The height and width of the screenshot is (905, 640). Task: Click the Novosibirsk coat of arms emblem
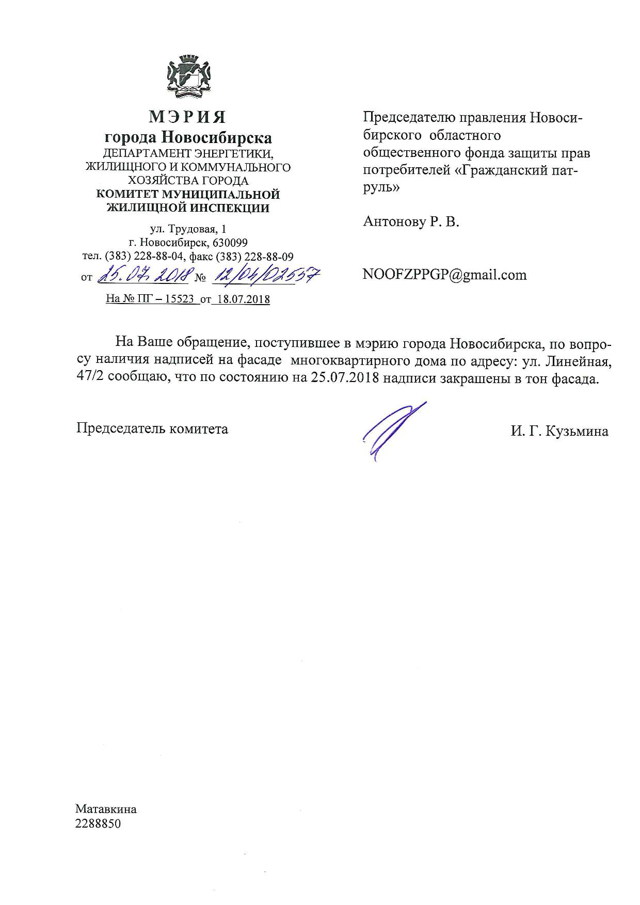tap(188, 77)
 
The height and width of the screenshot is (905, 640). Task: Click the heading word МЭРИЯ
tap(187, 117)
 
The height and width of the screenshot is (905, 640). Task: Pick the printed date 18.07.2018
tap(242, 299)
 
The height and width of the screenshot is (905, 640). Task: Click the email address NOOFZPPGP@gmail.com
tap(445, 275)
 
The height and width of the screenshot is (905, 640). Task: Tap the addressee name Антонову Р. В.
tap(411, 222)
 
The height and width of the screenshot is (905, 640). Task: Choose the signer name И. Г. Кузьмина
tap(559, 431)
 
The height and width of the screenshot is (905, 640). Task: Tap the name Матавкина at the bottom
tap(106, 809)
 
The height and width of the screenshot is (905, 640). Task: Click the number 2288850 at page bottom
tap(98, 823)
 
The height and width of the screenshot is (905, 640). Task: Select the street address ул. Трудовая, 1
tap(188, 229)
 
